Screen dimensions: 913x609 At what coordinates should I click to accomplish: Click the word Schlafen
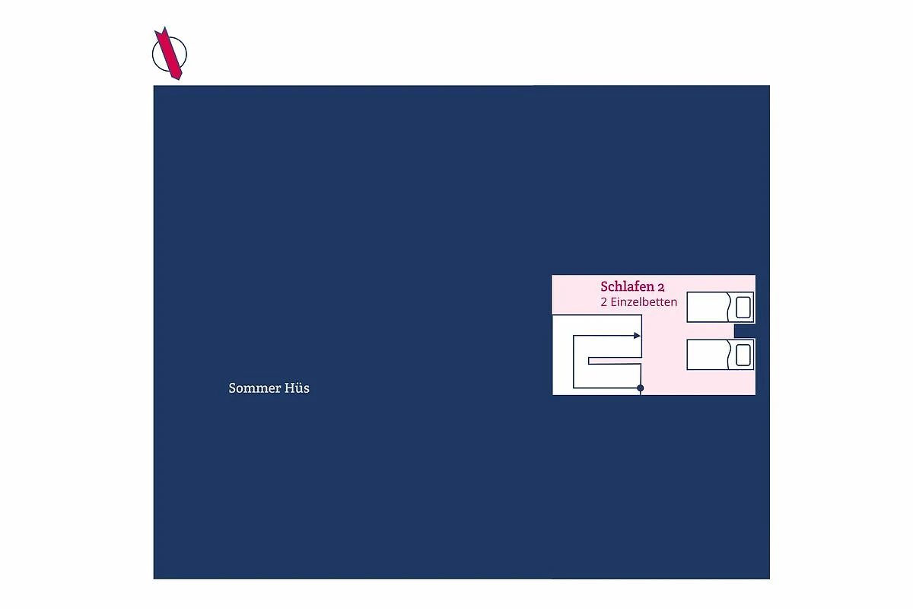tap(627, 286)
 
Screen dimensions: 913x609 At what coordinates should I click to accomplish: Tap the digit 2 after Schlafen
tap(661, 288)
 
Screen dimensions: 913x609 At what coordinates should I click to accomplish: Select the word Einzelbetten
tap(644, 302)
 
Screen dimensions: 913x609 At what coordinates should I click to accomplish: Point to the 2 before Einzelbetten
tap(603, 302)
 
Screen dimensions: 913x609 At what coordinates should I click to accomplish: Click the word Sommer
tap(253, 388)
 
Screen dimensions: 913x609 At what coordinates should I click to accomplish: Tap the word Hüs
tap(297, 387)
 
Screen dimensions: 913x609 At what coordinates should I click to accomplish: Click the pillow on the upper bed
tap(743, 307)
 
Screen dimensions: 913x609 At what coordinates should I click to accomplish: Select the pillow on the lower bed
tap(743, 355)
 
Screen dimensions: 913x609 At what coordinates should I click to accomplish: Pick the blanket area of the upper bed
tap(708, 307)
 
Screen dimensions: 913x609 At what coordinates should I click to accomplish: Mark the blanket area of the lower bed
tap(708, 355)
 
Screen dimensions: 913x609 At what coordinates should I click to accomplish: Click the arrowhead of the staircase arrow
tap(637, 336)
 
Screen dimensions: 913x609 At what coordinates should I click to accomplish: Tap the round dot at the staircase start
tap(641, 388)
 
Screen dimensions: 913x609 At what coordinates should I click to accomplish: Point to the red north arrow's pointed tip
tap(164, 27)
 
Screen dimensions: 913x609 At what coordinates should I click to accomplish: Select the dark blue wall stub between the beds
tap(744, 331)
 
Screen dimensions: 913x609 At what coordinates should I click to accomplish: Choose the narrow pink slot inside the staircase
tap(615, 361)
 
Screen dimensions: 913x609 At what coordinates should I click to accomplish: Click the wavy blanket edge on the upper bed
tap(729, 307)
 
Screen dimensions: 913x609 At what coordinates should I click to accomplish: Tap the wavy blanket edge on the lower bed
tap(729, 355)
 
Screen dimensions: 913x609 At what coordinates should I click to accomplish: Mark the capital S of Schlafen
tap(604, 286)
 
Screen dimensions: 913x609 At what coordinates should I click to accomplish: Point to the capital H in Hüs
tap(289, 388)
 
